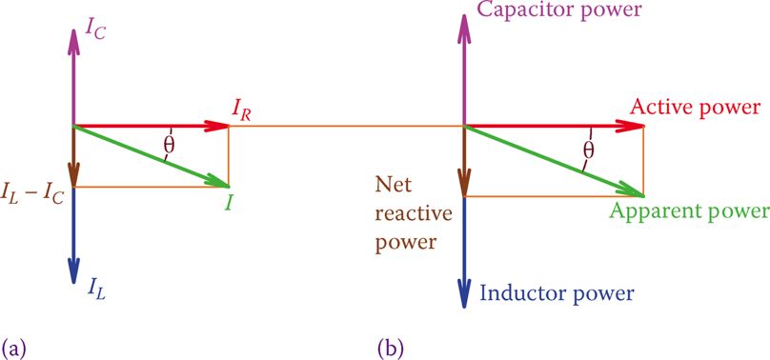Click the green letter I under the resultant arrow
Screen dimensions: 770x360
228,203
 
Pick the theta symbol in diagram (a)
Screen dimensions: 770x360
169,144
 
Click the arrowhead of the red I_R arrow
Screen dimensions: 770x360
217,126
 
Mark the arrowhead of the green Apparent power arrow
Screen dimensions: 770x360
630,190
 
